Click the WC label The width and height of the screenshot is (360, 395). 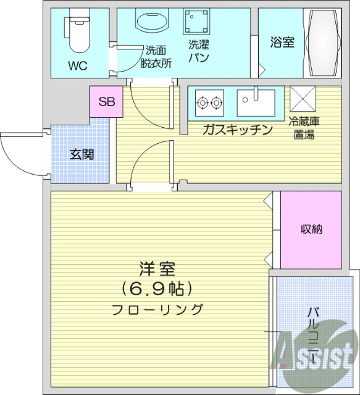78,65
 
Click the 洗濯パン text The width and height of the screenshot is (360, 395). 199,51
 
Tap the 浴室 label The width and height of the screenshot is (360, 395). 282,43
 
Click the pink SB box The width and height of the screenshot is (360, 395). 106,102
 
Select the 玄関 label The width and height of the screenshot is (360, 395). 81,154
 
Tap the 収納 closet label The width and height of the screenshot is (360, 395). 311,229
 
